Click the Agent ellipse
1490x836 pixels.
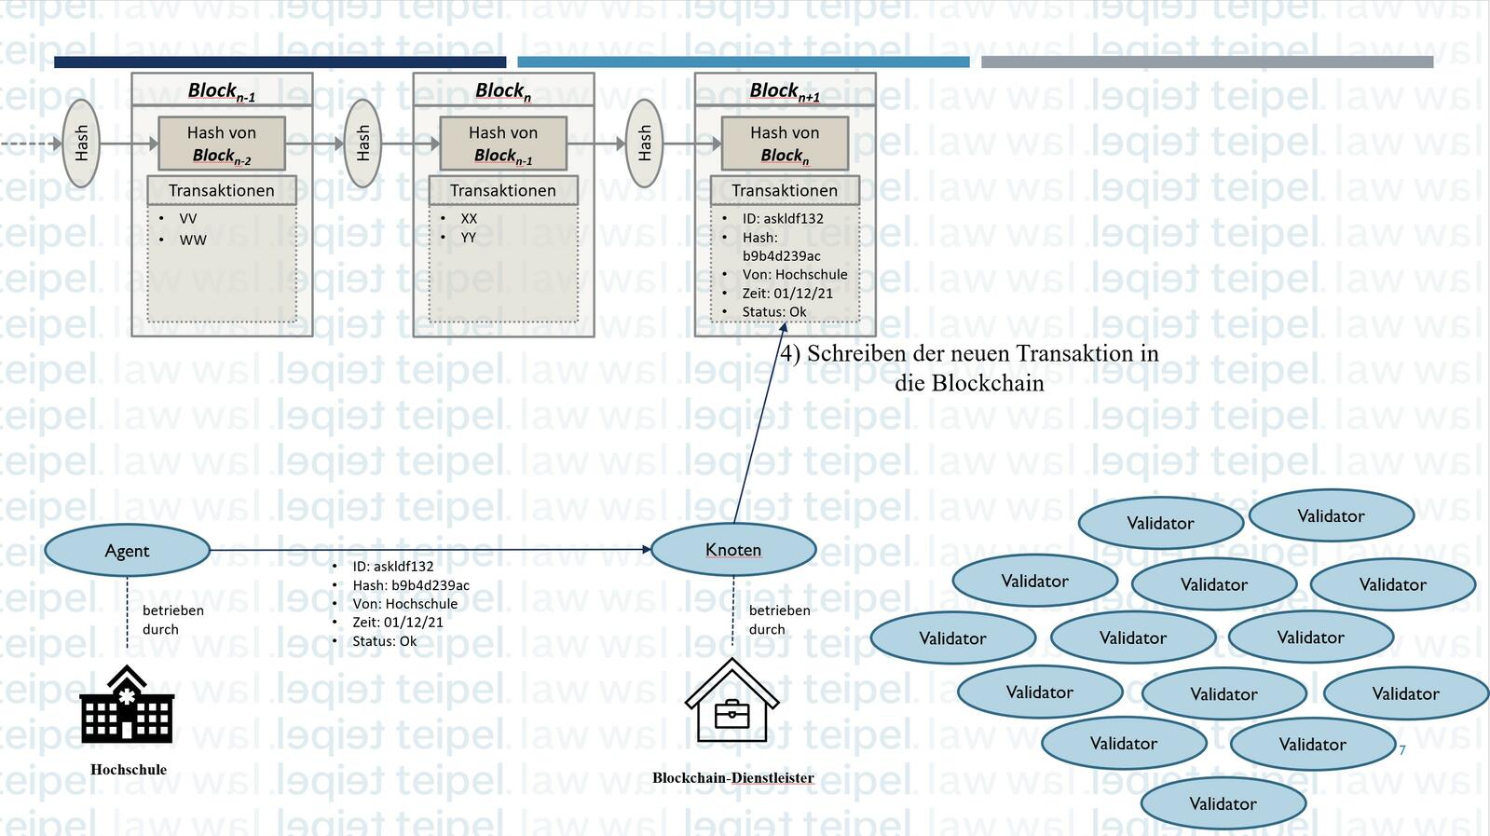[x=127, y=551]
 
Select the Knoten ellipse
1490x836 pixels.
[x=733, y=550]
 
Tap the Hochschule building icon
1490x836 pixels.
[x=127, y=705]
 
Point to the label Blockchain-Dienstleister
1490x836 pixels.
[x=732, y=777]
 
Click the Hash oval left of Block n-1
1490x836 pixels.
[x=81, y=144]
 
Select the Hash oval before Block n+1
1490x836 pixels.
[x=644, y=144]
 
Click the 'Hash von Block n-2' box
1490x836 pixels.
[x=222, y=144]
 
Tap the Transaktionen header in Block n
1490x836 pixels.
[x=503, y=190]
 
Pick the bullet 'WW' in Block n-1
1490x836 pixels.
[x=193, y=240]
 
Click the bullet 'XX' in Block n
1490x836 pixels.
[x=469, y=218]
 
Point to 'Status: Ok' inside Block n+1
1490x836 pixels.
[x=773, y=311]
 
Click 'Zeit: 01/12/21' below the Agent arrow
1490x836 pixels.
[x=398, y=622]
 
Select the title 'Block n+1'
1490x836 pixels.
[x=785, y=90]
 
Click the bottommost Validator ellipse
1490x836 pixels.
[x=1223, y=803]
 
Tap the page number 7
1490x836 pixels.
[x=1402, y=749]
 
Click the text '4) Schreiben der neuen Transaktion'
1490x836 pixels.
[x=969, y=354]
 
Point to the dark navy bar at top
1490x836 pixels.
[x=280, y=62]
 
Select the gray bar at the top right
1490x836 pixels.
[x=1207, y=62]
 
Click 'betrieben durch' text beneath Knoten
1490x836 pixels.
[x=779, y=620]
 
